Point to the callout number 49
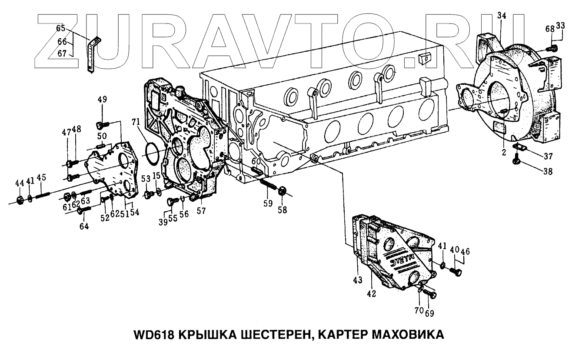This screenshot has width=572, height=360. (x=102, y=100)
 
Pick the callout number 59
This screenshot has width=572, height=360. (x=268, y=203)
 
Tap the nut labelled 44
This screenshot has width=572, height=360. (x=20, y=200)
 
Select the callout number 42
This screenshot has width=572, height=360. (x=371, y=293)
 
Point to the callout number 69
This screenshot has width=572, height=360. (x=429, y=313)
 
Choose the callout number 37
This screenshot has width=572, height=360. (x=547, y=156)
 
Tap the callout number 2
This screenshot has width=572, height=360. (x=504, y=152)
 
